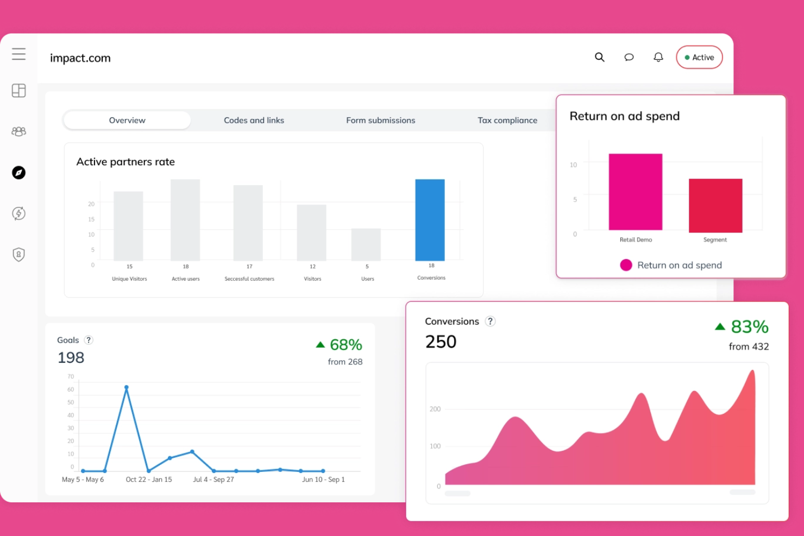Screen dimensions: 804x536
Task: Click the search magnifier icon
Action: coord(599,57)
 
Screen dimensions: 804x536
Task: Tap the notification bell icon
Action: coord(658,57)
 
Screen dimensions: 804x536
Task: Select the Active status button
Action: coord(699,57)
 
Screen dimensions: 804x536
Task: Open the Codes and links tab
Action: coord(254,120)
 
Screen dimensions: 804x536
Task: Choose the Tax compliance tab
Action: coord(507,120)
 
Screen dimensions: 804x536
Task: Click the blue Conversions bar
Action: coord(430,220)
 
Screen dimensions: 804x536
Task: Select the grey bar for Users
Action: coord(366,245)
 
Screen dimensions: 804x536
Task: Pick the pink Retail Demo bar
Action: coord(635,192)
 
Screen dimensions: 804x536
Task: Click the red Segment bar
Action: coord(715,206)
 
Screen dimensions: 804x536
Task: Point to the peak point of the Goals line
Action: coord(127,387)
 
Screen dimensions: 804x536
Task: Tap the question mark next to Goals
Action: coord(89,340)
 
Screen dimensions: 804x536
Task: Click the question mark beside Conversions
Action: coord(491,321)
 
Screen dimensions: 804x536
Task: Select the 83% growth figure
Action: coord(750,326)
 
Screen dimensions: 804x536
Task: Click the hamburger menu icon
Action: coord(18,54)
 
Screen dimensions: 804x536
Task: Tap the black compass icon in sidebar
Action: coord(18,173)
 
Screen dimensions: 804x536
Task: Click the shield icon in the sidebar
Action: coord(18,255)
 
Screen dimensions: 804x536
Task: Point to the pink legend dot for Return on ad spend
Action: coord(626,265)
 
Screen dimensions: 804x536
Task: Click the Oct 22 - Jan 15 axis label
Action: coord(149,480)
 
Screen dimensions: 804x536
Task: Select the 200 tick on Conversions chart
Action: coord(435,409)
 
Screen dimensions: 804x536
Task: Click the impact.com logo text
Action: coord(80,58)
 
